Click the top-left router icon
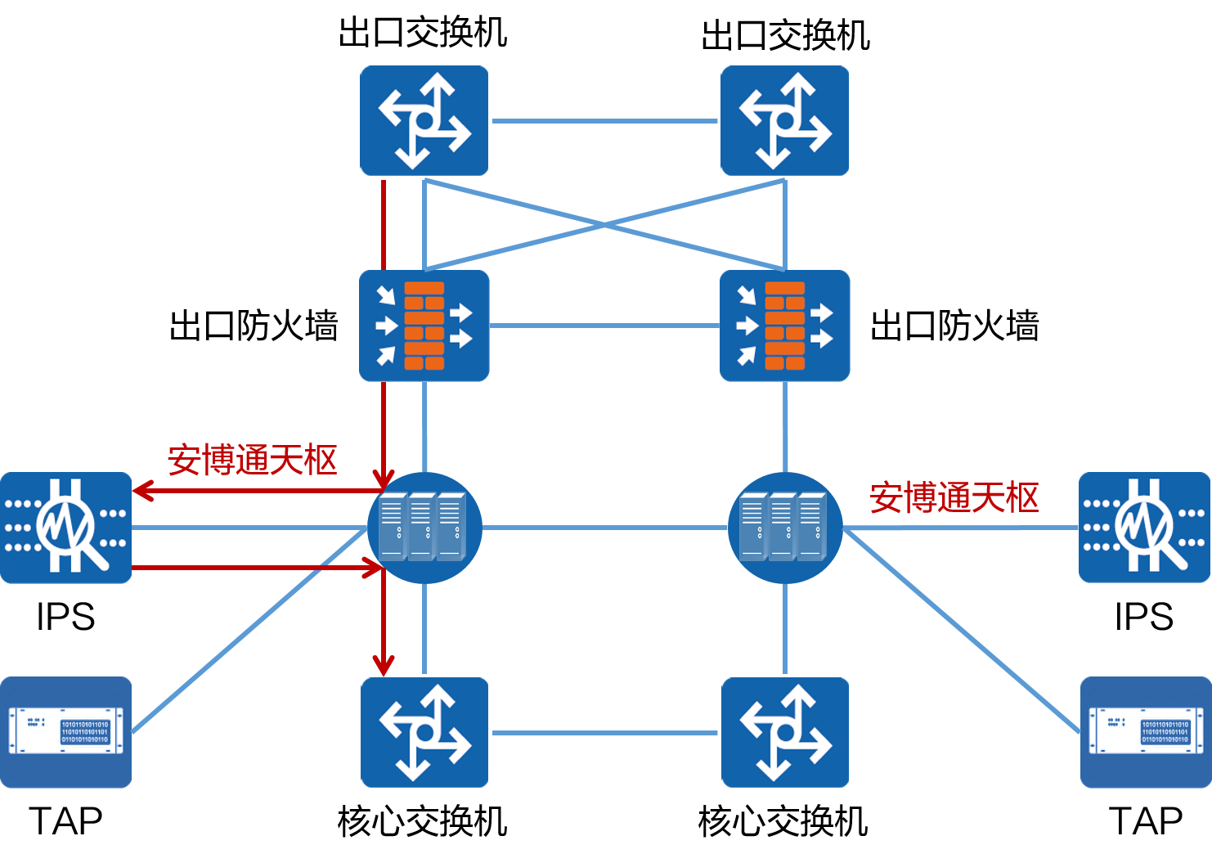pyautogui.click(x=424, y=120)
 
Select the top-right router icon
pyautogui.click(x=784, y=120)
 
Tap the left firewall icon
pyautogui.click(x=424, y=326)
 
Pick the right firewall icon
pyautogui.click(x=784, y=326)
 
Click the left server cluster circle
pyautogui.click(x=424, y=528)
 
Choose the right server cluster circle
pyautogui.click(x=784, y=528)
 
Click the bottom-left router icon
pyautogui.click(x=424, y=732)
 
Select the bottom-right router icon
pyautogui.click(x=784, y=732)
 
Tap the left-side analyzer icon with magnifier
pyautogui.click(x=65, y=528)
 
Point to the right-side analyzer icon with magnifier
pyautogui.click(x=1145, y=528)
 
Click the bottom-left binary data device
pyautogui.click(x=65, y=732)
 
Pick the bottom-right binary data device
pyautogui.click(x=1145, y=732)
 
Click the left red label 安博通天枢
pyautogui.click(x=253, y=461)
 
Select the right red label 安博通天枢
pyautogui.click(x=954, y=497)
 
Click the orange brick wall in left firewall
pyautogui.click(x=424, y=326)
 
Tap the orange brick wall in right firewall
pyautogui.click(x=785, y=326)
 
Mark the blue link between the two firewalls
pyautogui.click(x=604, y=326)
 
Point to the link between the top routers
pyautogui.click(x=604, y=121)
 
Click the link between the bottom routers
pyautogui.click(x=604, y=733)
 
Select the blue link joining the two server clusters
pyautogui.click(x=604, y=528)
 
